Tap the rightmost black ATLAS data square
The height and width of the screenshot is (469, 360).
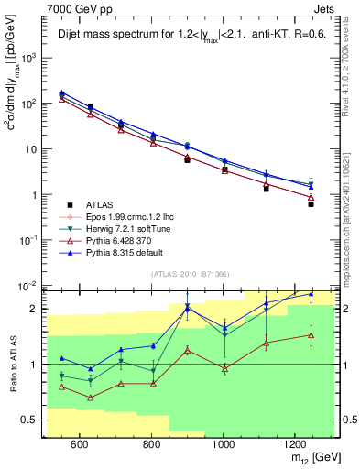point(311,204)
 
